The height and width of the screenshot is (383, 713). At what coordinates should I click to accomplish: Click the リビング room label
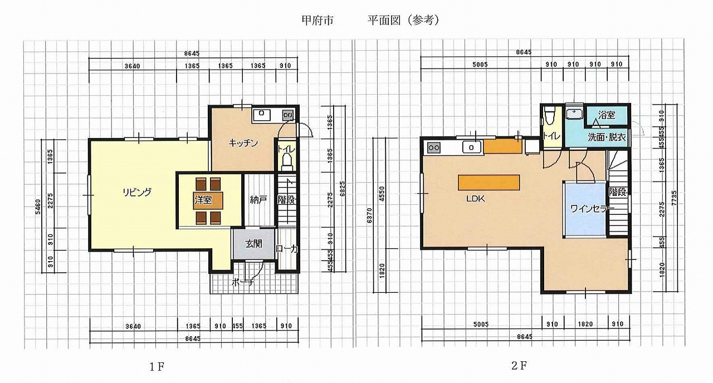tap(137, 192)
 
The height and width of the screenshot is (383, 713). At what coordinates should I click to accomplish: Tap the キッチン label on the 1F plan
tap(243, 143)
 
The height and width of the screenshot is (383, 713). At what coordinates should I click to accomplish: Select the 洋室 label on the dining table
tap(203, 200)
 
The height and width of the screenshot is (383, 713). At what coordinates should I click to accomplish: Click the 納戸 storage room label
tap(258, 200)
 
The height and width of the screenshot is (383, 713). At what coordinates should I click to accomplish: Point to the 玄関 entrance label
tap(253, 244)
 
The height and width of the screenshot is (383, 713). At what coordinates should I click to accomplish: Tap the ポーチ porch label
tap(243, 282)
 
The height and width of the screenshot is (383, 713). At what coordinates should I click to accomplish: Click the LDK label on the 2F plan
tap(476, 199)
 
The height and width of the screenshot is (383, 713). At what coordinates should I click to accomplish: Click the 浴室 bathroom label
tap(607, 115)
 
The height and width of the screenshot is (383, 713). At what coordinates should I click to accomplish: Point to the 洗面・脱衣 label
tap(607, 138)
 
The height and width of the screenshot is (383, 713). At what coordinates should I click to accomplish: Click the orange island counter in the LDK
tap(489, 183)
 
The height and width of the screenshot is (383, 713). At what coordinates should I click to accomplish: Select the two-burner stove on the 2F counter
tap(434, 148)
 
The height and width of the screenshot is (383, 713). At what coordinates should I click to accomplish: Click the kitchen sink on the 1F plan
tap(262, 115)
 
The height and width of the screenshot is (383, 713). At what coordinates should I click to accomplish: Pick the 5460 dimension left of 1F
tap(38, 207)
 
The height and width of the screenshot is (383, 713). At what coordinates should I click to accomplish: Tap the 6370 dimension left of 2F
tap(369, 215)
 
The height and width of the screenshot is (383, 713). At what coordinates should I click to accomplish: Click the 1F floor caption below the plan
tap(157, 367)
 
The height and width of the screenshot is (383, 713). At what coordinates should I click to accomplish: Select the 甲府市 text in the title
tap(318, 21)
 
